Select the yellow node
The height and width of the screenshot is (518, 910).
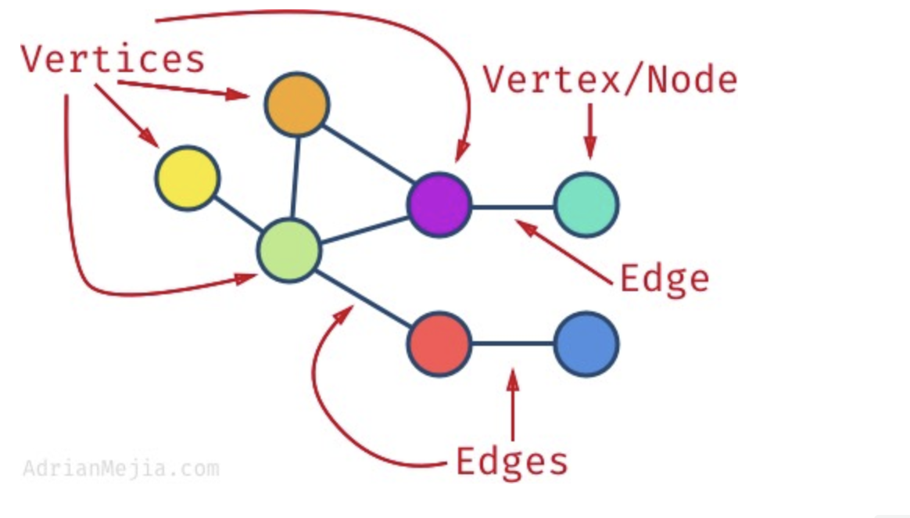[186, 178]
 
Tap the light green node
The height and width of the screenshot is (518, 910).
[289, 250]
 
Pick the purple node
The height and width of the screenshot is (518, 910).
[439, 204]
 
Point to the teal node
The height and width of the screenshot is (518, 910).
[586, 205]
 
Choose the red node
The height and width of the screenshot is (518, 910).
[439, 344]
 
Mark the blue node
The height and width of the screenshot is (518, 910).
[586, 344]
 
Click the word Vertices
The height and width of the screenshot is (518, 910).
[113, 59]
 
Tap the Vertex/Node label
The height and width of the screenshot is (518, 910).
[610, 80]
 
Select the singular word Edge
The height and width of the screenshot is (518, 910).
[665, 278]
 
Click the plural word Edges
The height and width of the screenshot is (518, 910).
[512, 462]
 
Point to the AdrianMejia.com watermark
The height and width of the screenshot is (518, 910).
[120, 469]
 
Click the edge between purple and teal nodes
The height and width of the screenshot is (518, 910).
[513, 207]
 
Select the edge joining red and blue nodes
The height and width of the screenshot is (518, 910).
[513, 344]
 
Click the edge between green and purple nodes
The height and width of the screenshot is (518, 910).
[364, 228]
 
